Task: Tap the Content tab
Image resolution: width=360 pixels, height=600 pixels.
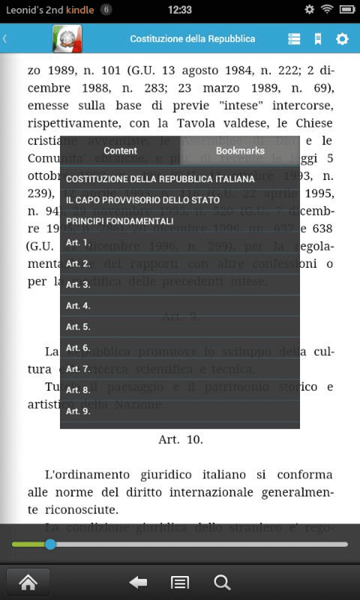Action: point(120,151)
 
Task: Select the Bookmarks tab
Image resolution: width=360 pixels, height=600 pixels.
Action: point(240,151)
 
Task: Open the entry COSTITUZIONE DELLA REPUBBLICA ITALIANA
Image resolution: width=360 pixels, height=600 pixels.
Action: point(160,179)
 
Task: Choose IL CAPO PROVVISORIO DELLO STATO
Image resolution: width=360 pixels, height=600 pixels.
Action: point(143,200)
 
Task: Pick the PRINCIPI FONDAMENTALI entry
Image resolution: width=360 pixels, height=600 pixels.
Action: point(120,221)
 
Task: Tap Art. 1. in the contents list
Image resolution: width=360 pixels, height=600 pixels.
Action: point(78,242)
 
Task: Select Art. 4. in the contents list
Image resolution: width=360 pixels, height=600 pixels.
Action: point(78,306)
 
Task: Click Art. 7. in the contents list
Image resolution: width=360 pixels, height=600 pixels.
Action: point(78,369)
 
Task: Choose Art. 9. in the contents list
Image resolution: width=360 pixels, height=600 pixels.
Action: point(78,411)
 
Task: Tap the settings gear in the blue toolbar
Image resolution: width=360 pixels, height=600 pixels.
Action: point(342,39)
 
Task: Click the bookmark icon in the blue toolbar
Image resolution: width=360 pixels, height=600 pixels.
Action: point(318,39)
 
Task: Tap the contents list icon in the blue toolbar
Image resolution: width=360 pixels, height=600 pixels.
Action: point(294,39)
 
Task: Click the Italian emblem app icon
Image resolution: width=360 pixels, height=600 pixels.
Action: point(67,39)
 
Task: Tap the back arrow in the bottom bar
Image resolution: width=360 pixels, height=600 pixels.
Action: point(138,583)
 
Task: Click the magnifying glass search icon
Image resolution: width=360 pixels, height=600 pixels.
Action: point(222,583)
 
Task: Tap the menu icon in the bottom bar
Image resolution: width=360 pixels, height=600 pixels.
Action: point(180,583)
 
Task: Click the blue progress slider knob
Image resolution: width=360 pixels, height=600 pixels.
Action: point(50,544)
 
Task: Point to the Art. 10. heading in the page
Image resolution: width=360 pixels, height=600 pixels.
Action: point(180,439)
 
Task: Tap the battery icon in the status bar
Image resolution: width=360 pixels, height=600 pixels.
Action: point(347,10)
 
